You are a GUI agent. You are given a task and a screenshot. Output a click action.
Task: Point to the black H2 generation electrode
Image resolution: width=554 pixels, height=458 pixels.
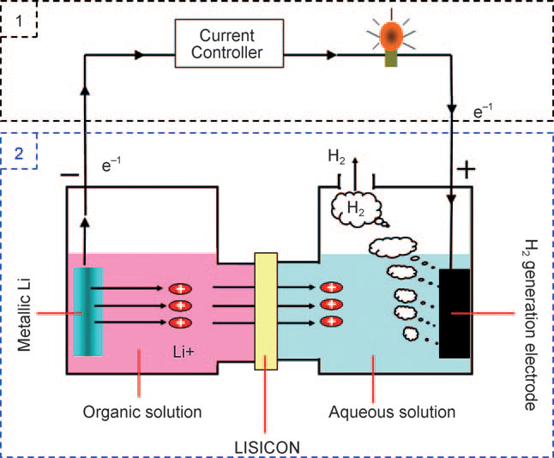[455, 313]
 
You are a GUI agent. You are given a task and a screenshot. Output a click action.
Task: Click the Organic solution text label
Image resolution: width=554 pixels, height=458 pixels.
[142, 412]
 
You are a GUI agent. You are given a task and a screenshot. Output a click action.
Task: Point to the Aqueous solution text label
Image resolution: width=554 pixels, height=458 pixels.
[392, 412]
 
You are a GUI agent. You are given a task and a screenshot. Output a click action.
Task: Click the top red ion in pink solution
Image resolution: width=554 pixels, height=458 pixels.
[181, 289]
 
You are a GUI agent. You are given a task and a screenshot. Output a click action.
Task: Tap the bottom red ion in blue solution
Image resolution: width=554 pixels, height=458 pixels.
[329, 321]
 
